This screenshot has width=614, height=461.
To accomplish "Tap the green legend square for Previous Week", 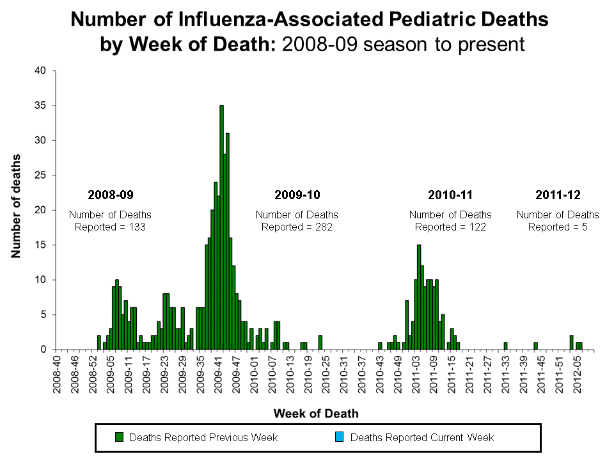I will coord(118,437).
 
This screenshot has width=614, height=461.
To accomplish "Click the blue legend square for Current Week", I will coord(340,437).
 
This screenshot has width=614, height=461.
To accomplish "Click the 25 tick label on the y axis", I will coord(40,175).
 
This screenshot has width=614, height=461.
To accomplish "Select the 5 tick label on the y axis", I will coord(43,314).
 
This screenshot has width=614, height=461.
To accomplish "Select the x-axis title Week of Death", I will coord(316,414).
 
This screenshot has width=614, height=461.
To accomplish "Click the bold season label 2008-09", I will coord(111,194).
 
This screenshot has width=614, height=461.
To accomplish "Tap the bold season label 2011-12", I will coord(558,194).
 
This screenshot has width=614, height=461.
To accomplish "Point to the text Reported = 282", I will coord(297,227).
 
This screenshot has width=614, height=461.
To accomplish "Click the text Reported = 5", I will coord(558,227).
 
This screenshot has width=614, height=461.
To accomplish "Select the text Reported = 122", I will coord(450,227).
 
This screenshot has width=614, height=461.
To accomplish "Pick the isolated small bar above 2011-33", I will coord(505,346).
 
